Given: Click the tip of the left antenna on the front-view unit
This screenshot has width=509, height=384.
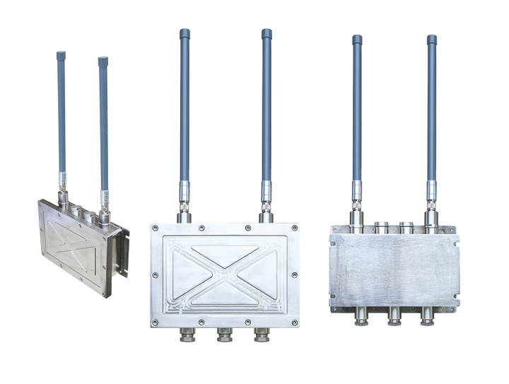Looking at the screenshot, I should point(185,33).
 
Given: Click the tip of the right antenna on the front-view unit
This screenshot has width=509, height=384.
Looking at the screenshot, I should point(267,33).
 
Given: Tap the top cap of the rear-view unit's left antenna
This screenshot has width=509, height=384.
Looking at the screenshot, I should point(357,40).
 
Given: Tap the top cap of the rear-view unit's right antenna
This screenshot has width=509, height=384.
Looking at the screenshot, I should point(431,40).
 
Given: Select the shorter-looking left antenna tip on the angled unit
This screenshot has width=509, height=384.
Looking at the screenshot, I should point(61,55).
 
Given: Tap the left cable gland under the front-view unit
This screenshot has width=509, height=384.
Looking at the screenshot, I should point(187,334).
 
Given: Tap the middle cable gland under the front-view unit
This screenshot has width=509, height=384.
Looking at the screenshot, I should point(225,334).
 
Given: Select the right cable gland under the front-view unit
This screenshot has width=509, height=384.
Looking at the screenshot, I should point(262,334).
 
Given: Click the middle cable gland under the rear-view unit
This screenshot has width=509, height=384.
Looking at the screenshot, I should point(394,316).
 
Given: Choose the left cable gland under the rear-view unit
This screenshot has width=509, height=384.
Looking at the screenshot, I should point(361,316).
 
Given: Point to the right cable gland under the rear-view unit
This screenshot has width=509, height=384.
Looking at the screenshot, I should point(427,316).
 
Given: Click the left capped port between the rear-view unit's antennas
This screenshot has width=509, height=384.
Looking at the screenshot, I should point(382,228).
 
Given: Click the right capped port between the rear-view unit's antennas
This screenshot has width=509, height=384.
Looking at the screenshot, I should point(406,228).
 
